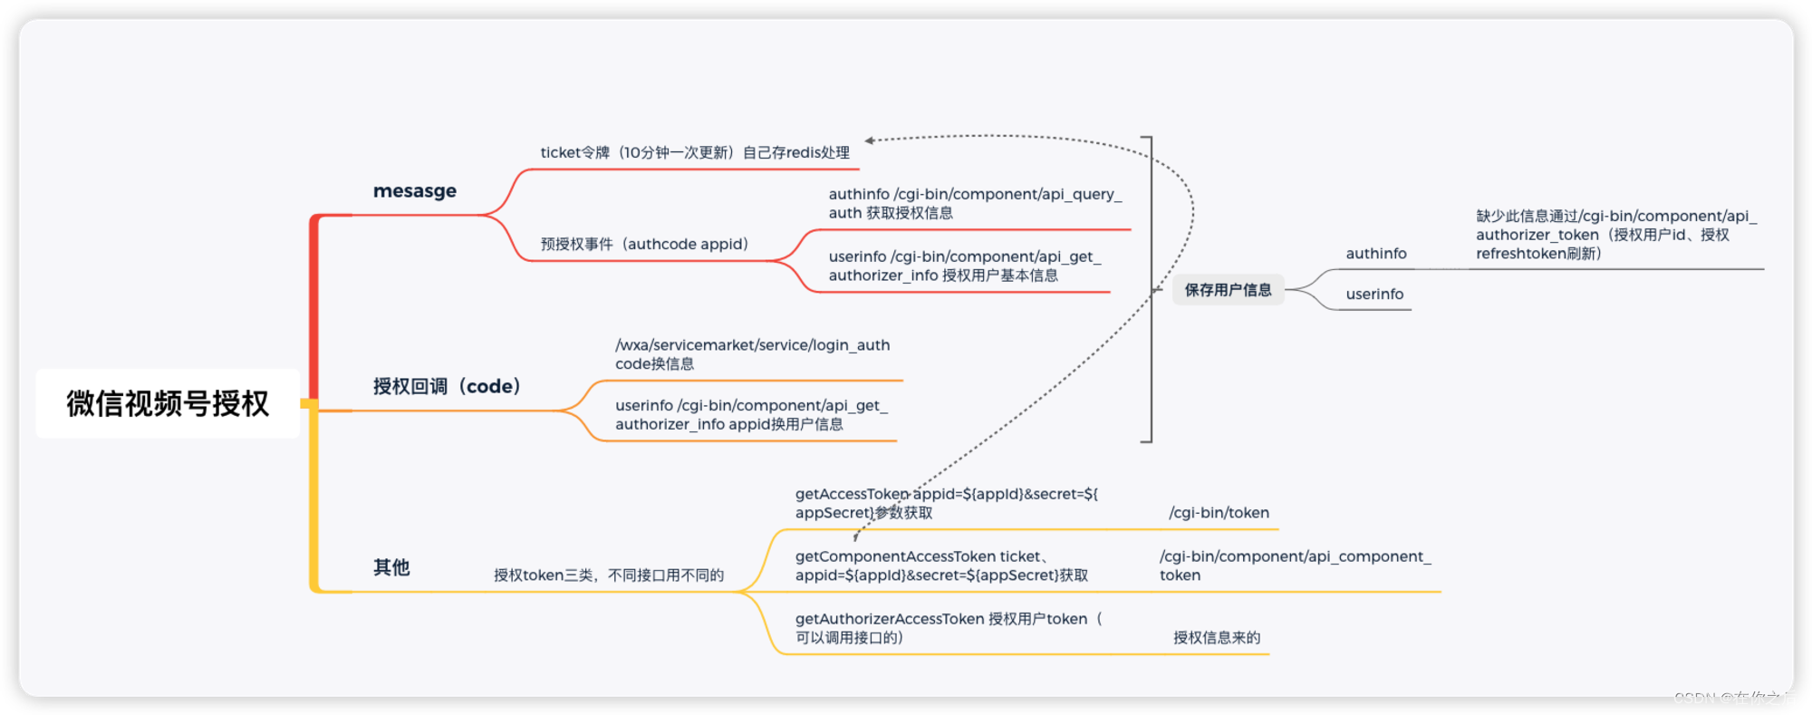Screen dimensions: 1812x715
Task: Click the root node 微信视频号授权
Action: coord(168,403)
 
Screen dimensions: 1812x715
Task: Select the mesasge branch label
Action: coord(415,191)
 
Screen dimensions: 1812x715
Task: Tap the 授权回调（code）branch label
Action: coord(448,387)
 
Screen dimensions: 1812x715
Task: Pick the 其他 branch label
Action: coord(391,567)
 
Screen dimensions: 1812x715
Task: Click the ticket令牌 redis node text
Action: coord(695,152)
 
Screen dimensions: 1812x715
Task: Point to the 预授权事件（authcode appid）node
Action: coord(644,244)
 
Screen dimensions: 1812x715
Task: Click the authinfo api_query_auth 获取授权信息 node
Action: coord(975,204)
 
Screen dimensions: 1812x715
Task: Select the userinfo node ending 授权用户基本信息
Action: coord(964,266)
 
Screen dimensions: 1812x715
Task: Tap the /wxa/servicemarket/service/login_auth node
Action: coord(752,354)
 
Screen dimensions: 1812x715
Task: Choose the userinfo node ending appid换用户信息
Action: coord(751,415)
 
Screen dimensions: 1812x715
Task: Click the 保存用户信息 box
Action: coord(1228,290)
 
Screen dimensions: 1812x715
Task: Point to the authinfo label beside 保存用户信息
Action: coord(1375,254)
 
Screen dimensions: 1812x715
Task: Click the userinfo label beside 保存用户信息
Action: coord(1374,294)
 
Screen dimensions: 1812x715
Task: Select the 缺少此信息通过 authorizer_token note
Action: coord(1615,235)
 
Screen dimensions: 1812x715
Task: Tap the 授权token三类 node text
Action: coord(609,575)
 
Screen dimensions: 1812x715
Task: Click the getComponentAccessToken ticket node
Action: coord(941,566)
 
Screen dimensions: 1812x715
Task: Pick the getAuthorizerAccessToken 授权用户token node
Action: coord(948,628)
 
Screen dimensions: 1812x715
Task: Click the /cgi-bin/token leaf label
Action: coord(1219,513)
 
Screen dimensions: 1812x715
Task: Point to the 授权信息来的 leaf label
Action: coord(1217,638)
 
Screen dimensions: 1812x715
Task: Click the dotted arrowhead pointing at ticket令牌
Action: coord(870,140)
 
